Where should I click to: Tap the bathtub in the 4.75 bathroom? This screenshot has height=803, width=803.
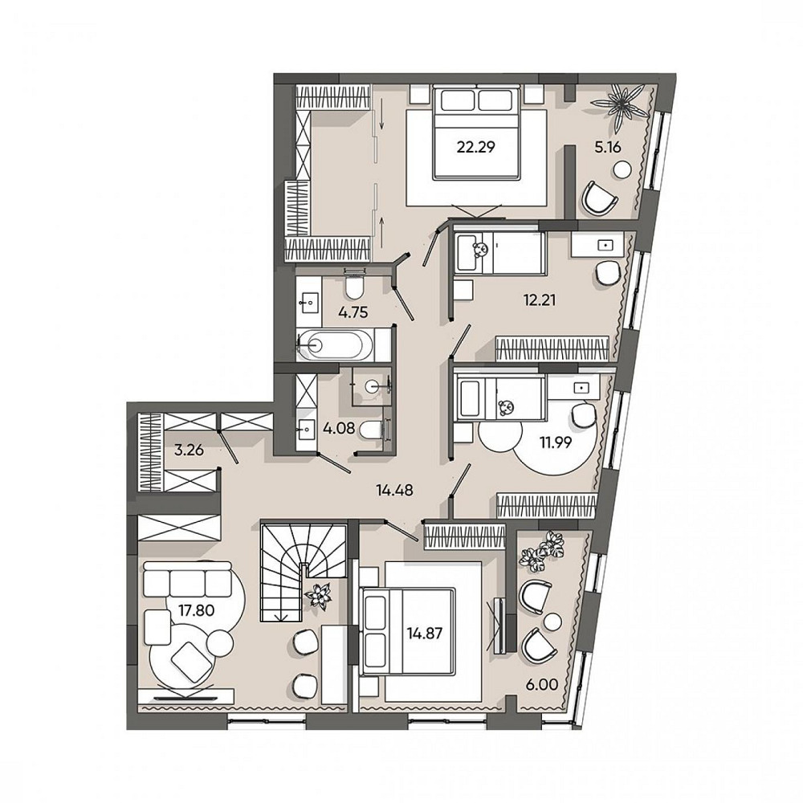click(x=336, y=344)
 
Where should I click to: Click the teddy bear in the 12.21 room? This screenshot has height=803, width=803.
click(x=481, y=251)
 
